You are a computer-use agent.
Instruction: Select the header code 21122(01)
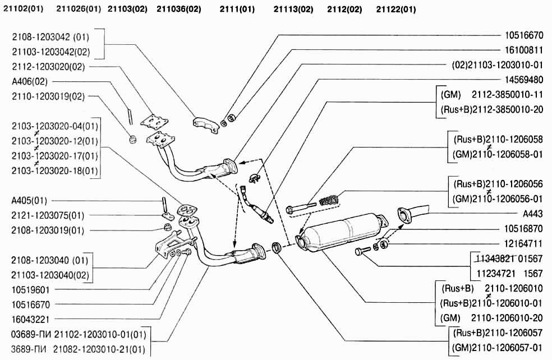point(396,10)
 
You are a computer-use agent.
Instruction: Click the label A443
point(533,214)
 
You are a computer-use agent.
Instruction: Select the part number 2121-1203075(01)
point(48,215)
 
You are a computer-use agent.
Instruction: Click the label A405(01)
point(30,200)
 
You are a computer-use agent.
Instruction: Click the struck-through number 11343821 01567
point(507,259)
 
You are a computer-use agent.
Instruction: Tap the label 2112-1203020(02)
point(48,66)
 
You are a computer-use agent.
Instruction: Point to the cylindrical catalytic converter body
point(343,229)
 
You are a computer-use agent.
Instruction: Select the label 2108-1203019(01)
point(48,230)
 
